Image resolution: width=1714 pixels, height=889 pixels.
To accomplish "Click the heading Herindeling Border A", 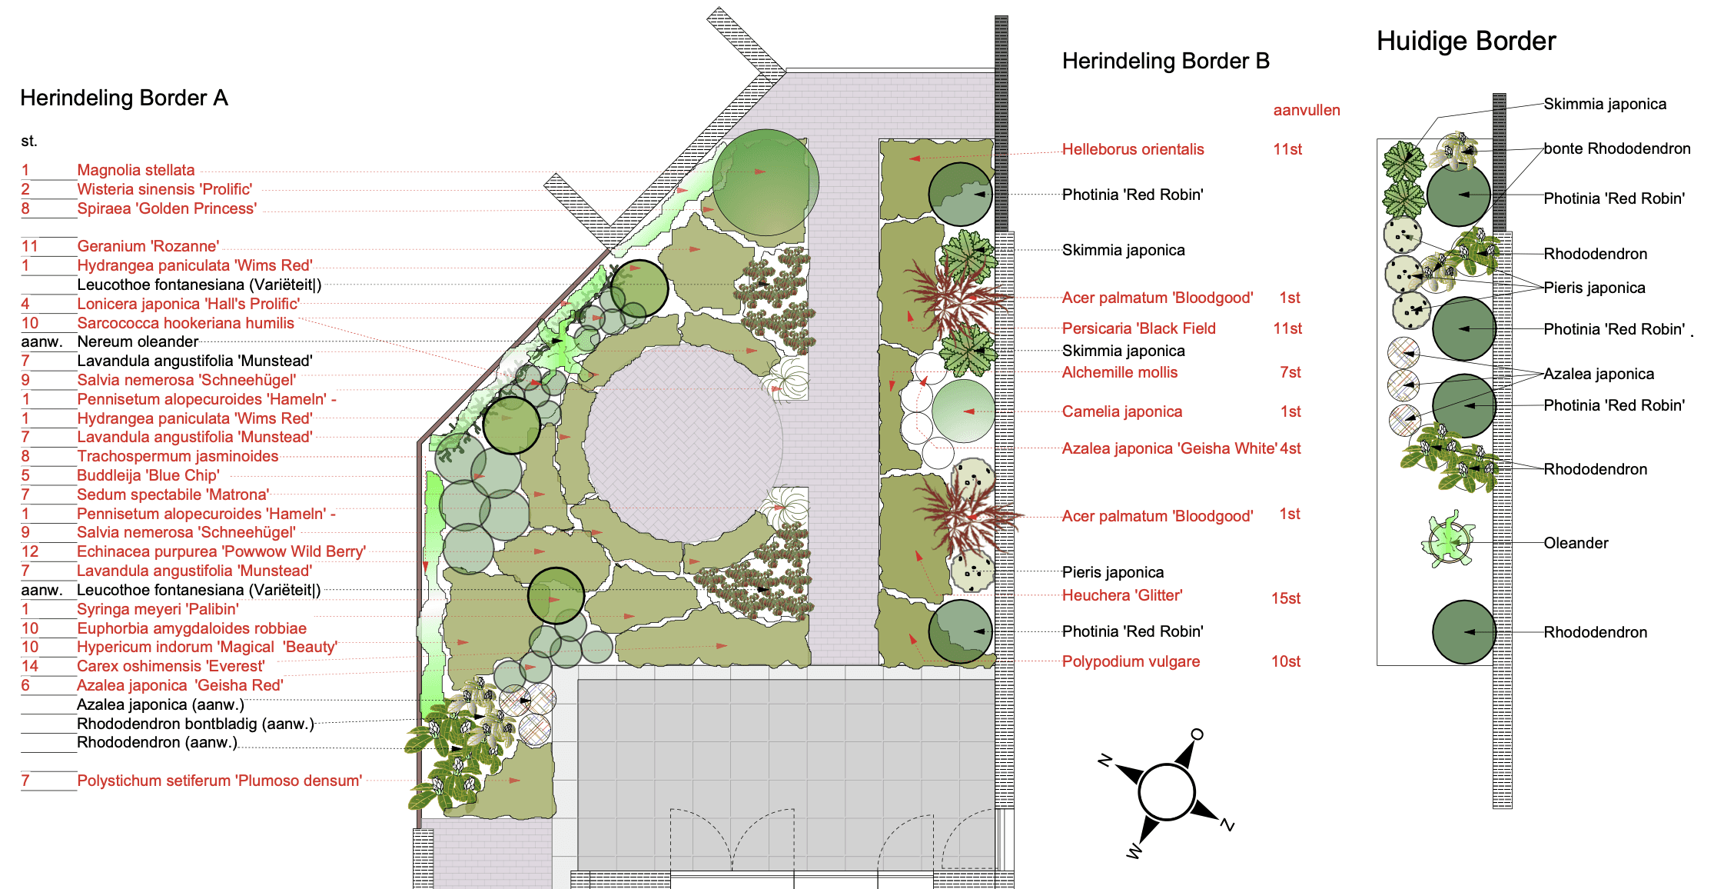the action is click(124, 98).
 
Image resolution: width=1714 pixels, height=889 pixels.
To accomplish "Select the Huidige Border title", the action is click(1466, 42).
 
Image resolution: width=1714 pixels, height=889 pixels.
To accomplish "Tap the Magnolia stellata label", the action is click(135, 170).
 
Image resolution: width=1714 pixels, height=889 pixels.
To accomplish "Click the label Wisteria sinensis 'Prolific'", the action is click(164, 189).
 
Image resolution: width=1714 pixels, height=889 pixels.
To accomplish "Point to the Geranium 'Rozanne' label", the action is click(148, 246).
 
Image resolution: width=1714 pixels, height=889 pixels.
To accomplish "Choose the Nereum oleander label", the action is click(138, 341).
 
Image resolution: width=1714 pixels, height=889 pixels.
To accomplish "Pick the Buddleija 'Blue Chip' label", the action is click(148, 475).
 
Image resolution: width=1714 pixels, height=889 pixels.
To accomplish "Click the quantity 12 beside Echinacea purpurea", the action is click(30, 551).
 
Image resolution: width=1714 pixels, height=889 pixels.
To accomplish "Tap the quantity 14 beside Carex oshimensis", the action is click(30, 666).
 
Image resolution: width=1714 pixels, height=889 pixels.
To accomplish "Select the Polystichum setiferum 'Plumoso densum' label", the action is click(219, 781).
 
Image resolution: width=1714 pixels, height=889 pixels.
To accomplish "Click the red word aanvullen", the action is click(1306, 110).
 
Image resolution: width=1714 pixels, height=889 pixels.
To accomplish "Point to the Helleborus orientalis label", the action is click(1132, 149).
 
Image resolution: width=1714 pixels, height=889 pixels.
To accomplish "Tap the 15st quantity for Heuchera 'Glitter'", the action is click(1285, 598).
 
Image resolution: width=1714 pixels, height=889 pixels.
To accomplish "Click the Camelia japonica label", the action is click(1121, 411).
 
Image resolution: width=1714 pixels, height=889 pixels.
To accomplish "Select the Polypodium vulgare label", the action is click(1130, 661).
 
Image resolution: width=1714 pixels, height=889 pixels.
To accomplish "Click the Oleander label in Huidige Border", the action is click(1576, 543).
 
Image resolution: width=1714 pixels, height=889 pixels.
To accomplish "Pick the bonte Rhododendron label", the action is click(1616, 148).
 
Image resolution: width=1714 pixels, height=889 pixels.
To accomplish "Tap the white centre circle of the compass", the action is click(1166, 791).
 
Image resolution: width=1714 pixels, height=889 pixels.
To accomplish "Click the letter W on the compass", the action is click(1134, 851).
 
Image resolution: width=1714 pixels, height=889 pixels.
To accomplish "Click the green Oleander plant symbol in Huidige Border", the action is click(1449, 540).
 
